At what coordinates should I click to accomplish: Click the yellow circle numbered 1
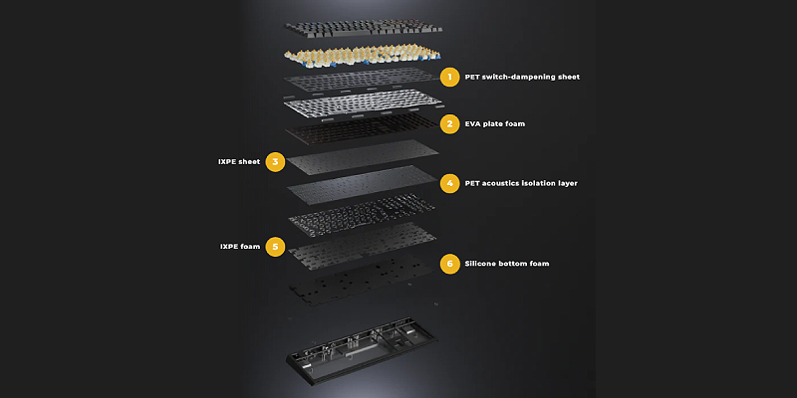pyautogui.click(x=449, y=78)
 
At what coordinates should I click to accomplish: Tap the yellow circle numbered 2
pyautogui.click(x=449, y=123)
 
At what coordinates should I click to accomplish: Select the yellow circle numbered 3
pyautogui.click(x=275, y=162)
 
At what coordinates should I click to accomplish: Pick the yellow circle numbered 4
pyautogui.click(x=449, y=183)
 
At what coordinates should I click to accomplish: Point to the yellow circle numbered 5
pyautogui.click(x=275, y=247)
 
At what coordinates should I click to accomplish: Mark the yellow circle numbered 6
pyautogui.click(x=449, y=264)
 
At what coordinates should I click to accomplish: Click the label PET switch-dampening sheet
pyautogui.click(x=522, y=78)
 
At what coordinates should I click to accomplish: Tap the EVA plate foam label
pyautogui.click(x=494, y=123)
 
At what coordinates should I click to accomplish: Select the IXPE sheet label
pyautogui.click(x=239, y=162)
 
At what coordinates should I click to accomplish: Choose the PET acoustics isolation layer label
pyautogui.click(x=521, y=183)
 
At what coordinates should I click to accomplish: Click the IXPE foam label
pyautogui.click(x=240, y=247)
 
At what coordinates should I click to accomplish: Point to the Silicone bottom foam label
pyautogui.click(x=507, y=264)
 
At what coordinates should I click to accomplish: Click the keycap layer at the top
pyautogui.click(x=363, y=28)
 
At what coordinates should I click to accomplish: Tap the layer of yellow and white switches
pyautogui.click(x=363, y=56)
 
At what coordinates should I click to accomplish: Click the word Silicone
pyautogui.click(x=481, y=264)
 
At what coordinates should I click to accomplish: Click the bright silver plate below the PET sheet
pyautogui.click(x=364, y=103)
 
